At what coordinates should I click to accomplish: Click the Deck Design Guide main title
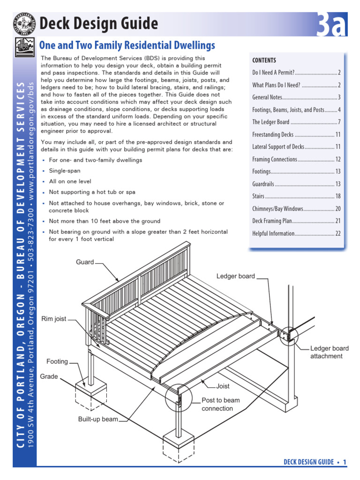point(98,23)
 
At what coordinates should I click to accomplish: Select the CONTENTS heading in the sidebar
point(264,60)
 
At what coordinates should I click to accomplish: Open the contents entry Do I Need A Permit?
point(296,73)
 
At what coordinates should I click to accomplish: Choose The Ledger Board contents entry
point(296,122)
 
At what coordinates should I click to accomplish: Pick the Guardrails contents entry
point(296,184)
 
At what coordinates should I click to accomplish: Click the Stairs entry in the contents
point(296,196)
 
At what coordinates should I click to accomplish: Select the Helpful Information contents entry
point(296,233)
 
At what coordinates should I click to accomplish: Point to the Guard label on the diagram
point(85,262)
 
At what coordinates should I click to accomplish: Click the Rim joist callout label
point(54,319)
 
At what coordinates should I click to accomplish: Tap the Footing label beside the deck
point(57,361)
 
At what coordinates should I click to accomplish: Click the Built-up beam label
point(98,419)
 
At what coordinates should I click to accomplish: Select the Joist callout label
point(223,387)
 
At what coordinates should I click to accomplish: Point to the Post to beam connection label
point(220,404)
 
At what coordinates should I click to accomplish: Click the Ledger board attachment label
point(330,352)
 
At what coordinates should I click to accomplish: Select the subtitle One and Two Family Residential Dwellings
point(127,45)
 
